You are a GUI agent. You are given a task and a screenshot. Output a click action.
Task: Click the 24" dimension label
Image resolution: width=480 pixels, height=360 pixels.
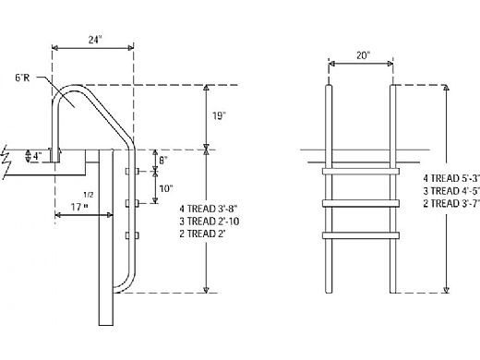point(95,40)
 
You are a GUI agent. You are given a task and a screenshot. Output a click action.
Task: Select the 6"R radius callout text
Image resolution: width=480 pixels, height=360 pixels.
point(22,78)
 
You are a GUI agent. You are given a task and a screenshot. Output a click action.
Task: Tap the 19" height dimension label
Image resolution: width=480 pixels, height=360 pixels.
point(219,116)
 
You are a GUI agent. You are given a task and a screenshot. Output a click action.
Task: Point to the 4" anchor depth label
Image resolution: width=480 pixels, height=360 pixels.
point(37,156)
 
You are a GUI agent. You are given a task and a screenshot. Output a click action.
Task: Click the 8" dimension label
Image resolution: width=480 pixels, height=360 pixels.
point(163,161)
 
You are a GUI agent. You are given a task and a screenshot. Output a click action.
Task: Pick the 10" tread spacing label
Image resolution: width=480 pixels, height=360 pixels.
point(166,188)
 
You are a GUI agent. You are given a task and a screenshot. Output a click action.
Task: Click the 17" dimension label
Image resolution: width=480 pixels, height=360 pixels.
point(79,207)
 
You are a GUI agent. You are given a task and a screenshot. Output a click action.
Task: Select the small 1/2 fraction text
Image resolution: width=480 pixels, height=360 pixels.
point(89,195)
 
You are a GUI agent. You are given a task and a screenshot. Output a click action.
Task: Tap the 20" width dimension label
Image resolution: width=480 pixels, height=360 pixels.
point(363,55)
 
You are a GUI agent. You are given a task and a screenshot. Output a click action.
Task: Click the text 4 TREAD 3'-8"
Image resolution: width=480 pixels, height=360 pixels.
point(209,209)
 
